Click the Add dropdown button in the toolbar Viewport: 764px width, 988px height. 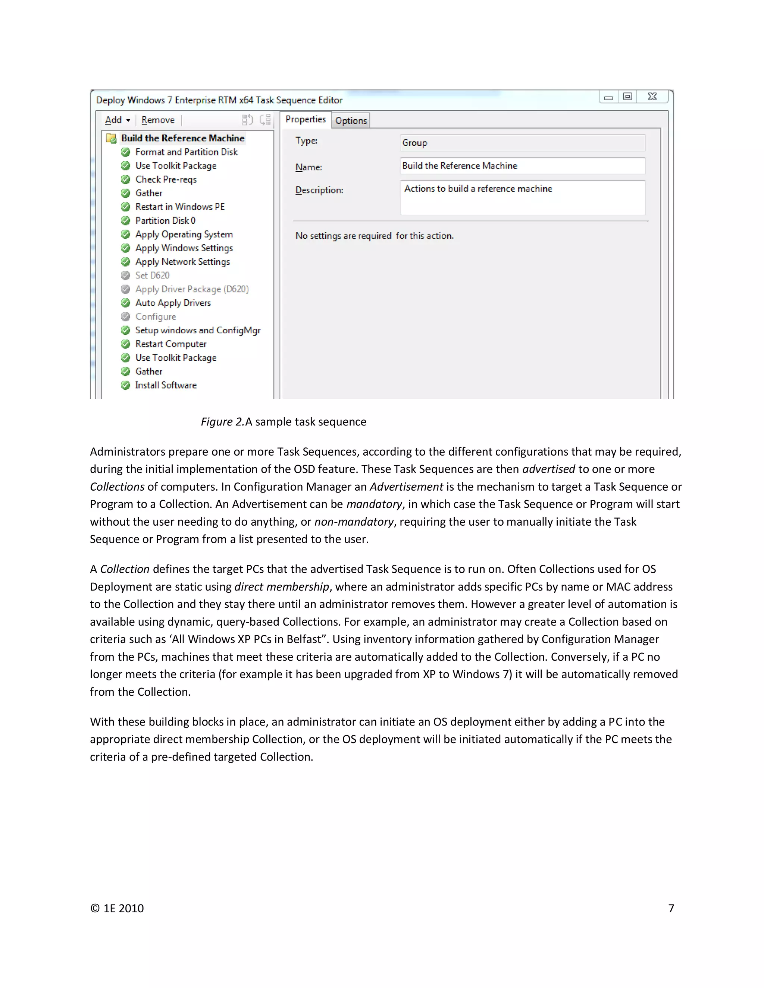click(117, 120)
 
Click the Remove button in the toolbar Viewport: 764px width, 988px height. click(157, 120)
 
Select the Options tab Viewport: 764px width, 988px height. click(351, 121)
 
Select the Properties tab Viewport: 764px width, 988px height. click(306, 119)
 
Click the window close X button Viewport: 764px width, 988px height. click(652, 97)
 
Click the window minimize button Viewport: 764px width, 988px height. click(608, 97)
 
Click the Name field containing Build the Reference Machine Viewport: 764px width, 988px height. click(522, 166)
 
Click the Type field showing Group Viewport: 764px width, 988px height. click(522, 143)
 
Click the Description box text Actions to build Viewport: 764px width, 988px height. click(478, 189)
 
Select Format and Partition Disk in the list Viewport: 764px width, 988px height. click(186, 152)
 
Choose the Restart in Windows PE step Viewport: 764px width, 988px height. click(180, 207)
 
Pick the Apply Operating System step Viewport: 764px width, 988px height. click(184, 235)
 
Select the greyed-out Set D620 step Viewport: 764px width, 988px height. click(152, 276)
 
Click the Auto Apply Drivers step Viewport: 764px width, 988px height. click(173, 303)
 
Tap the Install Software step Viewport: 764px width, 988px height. click(166, 385)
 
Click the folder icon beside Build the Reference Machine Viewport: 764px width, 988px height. click(111, 138)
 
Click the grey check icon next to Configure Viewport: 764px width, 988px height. click(125, 317)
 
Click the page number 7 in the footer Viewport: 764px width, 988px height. click(671, 908)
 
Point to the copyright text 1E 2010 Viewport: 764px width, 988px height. click(117, 908)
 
